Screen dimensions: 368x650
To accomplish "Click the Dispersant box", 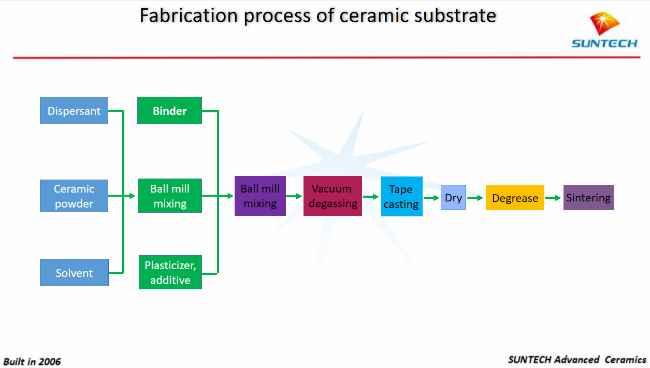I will (74, 111).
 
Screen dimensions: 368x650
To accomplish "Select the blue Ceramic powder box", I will (74, 196).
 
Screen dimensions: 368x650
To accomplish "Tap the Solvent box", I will (74, 273).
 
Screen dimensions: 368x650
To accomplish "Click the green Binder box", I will (169, 111).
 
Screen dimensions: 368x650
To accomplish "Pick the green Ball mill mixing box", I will (169, 196).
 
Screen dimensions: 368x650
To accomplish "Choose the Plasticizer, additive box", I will (170, 272).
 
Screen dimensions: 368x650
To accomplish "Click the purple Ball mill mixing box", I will (260, 196).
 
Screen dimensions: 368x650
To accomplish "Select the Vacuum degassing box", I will (333, 196).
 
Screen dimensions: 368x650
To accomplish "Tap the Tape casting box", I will (401, 197).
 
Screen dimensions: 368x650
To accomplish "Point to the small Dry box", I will (453, 198).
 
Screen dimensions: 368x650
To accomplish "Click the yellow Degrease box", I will (515, 198).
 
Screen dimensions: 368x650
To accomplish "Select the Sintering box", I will (588, 198).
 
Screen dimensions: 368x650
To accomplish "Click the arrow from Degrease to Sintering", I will (554, 198).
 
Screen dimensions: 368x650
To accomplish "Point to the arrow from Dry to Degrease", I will (475, 198).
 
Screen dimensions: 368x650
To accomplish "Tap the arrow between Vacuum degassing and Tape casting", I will (371, 197).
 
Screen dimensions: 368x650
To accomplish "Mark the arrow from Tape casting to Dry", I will (431, 198).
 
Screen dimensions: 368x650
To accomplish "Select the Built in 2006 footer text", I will (32, 361).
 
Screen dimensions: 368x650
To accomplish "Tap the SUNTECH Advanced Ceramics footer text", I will (577, 360).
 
